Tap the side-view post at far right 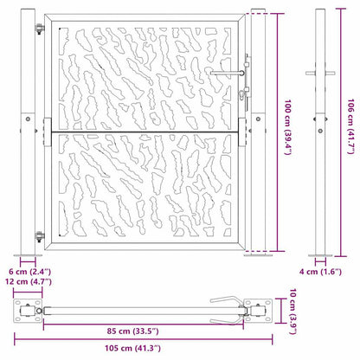point(320,130)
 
